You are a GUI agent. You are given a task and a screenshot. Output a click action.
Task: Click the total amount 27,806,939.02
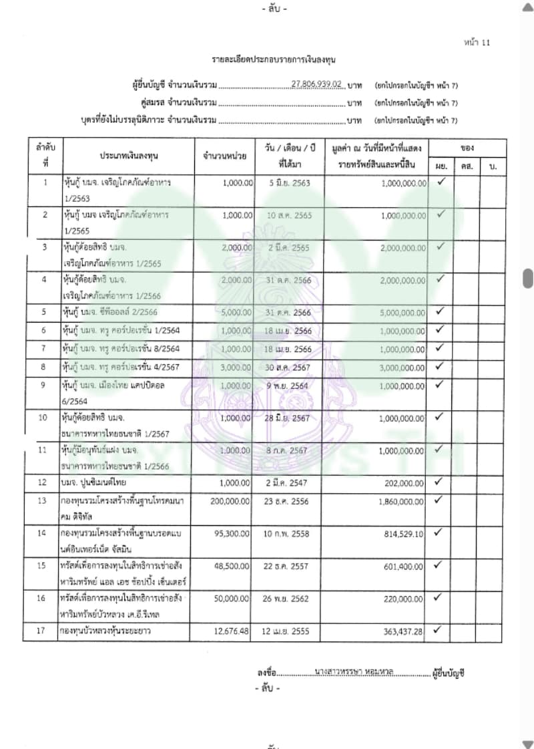click(317, 85)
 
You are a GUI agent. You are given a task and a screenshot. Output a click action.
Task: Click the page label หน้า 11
click(477, 43)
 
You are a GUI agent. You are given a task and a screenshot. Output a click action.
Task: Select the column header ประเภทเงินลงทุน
click(125, 155)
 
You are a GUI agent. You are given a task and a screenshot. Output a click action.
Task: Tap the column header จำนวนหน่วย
click(225, 156)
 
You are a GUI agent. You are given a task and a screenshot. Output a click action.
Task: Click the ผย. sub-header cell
click(441, 164)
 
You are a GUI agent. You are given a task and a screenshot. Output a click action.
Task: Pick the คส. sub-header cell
click(467, 164)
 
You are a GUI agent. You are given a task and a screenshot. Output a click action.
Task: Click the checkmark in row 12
click(440, 480)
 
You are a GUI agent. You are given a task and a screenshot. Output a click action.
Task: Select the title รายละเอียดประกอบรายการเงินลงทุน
click(267, 61)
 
